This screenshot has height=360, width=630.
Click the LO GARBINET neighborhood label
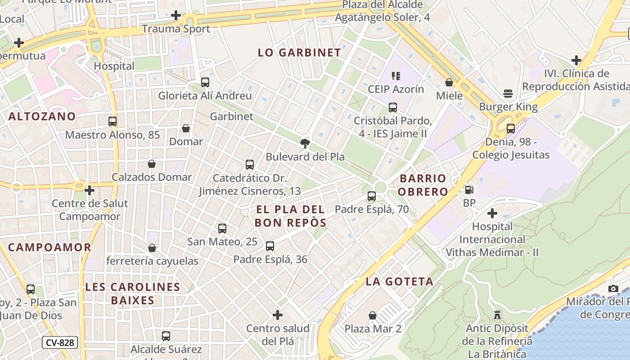coord(299,53)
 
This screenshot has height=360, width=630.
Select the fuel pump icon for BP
coord(469,190)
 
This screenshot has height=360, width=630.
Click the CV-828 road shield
coord(60,342)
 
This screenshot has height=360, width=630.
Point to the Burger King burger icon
coord(508,94)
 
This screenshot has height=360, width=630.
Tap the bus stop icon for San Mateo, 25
coord(222,229)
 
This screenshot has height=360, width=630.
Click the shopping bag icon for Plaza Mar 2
coord(373,315)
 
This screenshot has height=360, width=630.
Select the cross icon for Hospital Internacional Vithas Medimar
coord(492,213)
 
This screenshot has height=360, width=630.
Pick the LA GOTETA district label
coord(400,282)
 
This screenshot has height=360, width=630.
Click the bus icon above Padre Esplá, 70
coord(372,196)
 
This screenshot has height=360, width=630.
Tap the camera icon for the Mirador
coord(613,288)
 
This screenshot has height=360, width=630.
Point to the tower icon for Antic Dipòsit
coord(497,315)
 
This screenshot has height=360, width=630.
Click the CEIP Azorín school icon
coord(396,76)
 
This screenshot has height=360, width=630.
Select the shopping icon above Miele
coord(449,82)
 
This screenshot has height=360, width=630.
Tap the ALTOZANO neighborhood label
coord(42,117)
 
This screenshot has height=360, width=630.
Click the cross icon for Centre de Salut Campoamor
coord(90,190)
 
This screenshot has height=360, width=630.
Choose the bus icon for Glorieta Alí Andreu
coord(205,82)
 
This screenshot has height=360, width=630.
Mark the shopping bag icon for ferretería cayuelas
coord(152,248)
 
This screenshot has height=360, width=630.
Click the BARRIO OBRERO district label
coord(423,185)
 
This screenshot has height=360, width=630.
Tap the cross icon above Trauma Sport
coord(176,16)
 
